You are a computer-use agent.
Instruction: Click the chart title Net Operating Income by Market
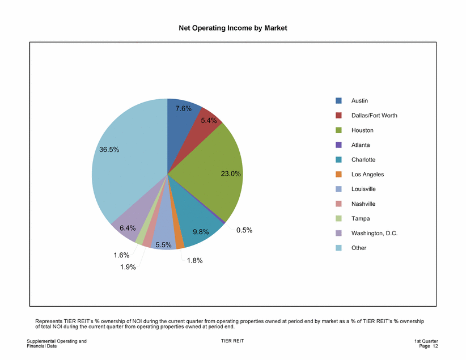click(233, 28)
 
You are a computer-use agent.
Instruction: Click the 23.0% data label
click(231, 174)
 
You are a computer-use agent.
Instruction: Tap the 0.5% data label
click(244, 231)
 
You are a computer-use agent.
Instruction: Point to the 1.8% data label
click(194, 261)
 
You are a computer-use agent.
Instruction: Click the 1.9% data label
click(128, 268)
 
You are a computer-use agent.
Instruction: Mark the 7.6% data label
click(183, 108)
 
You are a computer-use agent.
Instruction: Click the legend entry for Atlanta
click(360, 145)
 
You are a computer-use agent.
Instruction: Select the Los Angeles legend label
click(367, 175)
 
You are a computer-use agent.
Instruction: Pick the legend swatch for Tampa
click(338, 218)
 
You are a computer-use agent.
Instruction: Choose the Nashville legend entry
click(363, 204)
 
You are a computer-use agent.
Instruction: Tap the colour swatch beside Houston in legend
click(338, 130)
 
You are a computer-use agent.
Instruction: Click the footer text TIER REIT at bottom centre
click(232, 341)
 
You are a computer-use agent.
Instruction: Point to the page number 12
click(435, 346)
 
